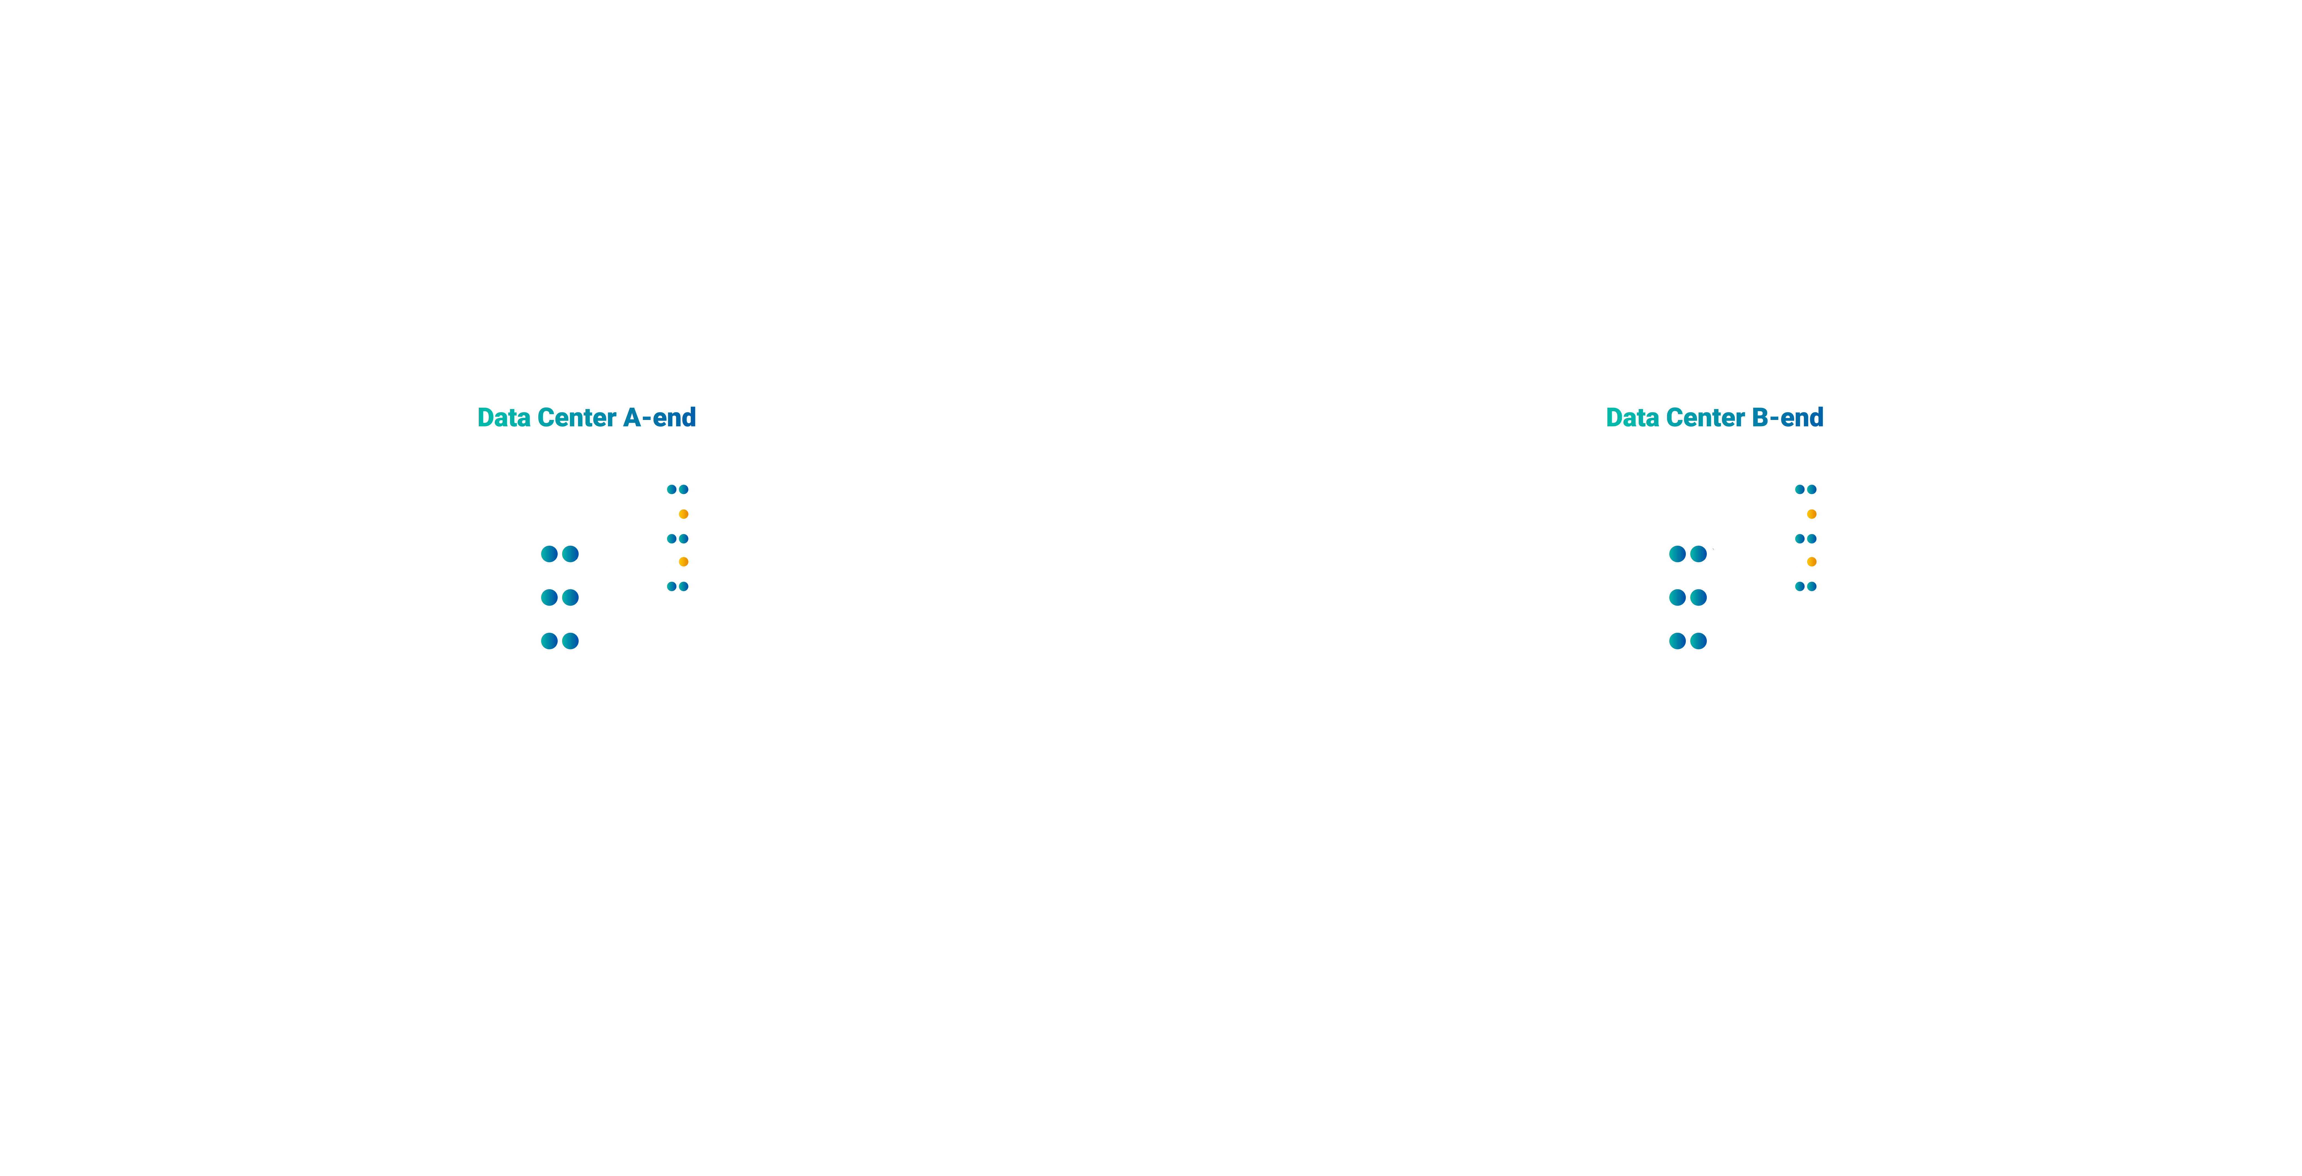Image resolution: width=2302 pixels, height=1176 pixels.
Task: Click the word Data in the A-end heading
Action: tap(504, 417)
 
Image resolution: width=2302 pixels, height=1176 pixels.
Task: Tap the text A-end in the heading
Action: tap(659, 417)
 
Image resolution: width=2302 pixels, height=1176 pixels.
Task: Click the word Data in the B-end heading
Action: tap(1633, 417)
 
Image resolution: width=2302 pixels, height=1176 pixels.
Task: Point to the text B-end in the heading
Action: tap(1787, 417)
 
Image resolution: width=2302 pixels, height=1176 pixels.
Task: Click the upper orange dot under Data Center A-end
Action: tap(684, 514)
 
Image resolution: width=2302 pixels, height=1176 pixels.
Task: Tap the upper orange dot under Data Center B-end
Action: tap(1811, 514)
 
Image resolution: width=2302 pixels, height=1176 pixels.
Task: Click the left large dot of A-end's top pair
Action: tap(550, 554)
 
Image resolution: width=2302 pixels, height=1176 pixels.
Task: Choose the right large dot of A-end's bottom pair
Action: tap(570, 641)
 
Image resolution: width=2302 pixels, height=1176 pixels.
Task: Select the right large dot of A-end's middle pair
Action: tap(570, 597)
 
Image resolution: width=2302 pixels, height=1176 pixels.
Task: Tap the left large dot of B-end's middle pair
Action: tap(1677, 597)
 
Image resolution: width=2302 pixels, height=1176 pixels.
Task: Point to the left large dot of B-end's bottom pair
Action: tap(1677, 641)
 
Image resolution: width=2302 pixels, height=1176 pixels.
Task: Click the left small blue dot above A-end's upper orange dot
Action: tap(672, 490)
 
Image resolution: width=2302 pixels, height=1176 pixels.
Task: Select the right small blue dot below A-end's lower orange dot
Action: tap(684, 586)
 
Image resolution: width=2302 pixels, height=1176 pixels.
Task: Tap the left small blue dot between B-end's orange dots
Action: tap(1800, 539)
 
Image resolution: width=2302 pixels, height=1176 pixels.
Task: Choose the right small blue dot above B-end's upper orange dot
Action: tap(1811, 490)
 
